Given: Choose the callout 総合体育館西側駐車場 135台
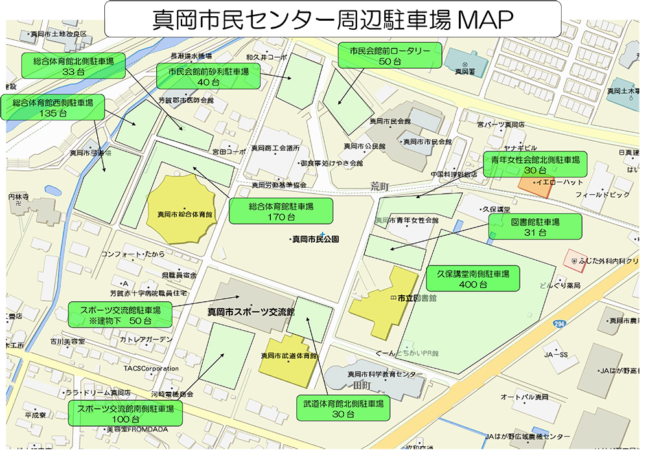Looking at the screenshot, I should [53, 107].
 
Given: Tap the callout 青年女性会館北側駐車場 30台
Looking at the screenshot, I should [535, 164].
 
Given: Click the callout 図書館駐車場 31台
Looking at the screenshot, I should [535, 227].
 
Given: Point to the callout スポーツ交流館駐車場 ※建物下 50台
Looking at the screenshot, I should [120, 314].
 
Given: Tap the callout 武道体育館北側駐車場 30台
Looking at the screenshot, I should [343, 408].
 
